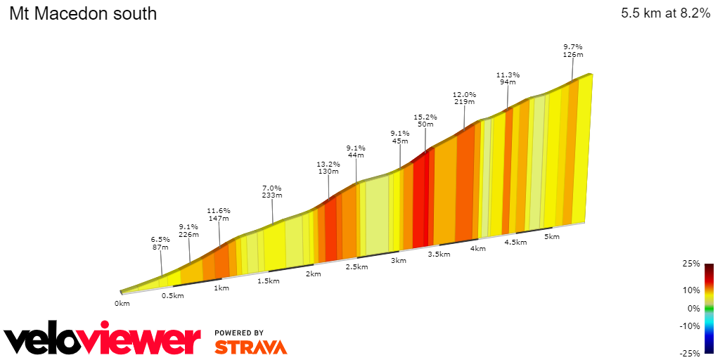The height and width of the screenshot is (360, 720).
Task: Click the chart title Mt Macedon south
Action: (83, 13)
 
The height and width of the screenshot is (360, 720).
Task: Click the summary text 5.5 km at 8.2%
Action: (665, 13)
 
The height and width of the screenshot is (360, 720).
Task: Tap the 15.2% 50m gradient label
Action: (425, 121)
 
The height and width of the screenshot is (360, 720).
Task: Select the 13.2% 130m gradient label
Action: (328, 168)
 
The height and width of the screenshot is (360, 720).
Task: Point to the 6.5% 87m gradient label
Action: (160, 243)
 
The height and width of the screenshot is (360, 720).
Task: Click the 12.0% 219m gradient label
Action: (464, 98)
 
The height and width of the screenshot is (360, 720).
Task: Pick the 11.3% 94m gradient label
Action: (508, 78)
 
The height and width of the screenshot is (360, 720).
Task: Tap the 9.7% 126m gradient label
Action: (573, 51)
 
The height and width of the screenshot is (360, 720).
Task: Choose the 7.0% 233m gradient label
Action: (271, 192)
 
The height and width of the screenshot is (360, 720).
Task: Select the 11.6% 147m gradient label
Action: (219, 214)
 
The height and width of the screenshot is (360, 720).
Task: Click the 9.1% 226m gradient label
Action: (188, 231)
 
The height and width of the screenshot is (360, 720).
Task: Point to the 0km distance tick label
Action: (122, 304)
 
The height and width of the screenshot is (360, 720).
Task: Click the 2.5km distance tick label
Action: (356, 267)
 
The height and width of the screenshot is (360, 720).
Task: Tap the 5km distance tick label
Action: (552, 237)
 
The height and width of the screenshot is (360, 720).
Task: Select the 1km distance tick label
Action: (221, 288)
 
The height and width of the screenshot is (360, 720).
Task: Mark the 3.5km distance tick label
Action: (439, 255)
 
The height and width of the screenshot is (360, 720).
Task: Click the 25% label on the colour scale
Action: (691, 264)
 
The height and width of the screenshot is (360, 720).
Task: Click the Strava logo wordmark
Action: (250, 347)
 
